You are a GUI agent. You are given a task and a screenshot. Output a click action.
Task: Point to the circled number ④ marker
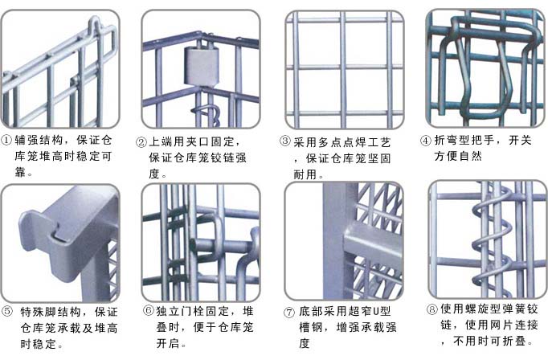[x=426, y=140]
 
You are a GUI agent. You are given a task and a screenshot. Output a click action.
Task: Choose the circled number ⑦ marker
[x=289, y=313]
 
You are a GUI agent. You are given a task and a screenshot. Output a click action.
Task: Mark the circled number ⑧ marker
[x=431, y=307]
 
